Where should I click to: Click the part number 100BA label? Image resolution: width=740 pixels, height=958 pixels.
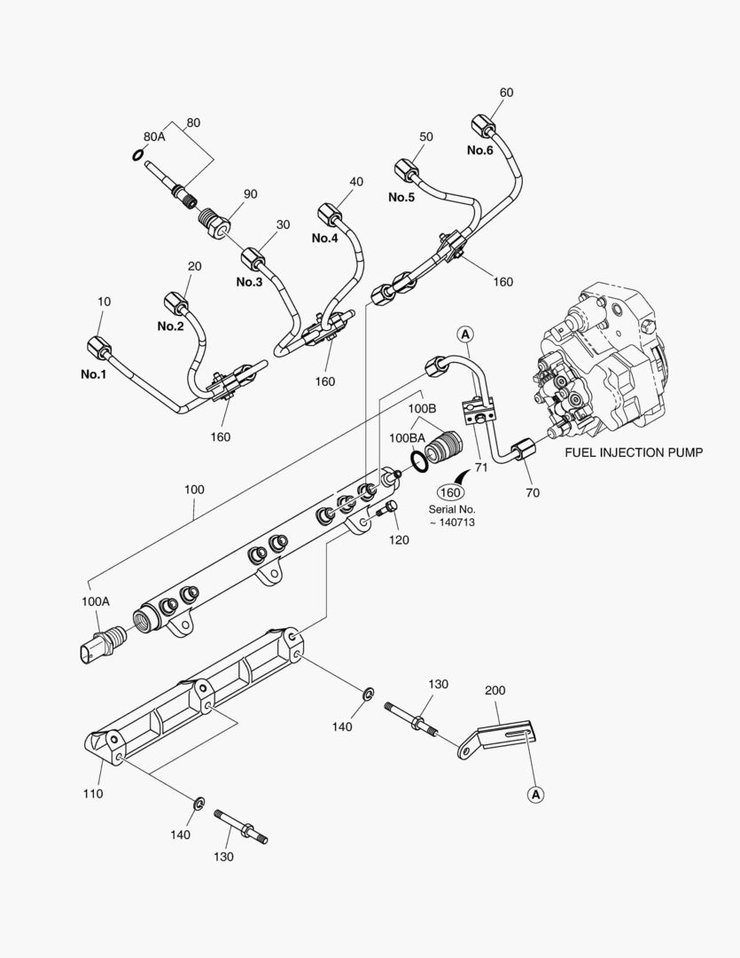click(x=406, y=438)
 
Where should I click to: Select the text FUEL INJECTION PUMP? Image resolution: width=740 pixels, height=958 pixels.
click(x=634, y=452)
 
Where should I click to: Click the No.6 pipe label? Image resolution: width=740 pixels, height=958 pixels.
click(x=480, y=150)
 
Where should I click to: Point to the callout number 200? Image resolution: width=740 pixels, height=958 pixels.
click(x=495, y=690)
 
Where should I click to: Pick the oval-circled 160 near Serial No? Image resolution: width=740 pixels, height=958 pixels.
click(x=450, y=493)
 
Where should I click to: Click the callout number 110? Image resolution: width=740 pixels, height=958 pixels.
click(x=92, y=793)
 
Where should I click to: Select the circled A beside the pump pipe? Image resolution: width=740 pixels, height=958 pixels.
click(x=465, y=334)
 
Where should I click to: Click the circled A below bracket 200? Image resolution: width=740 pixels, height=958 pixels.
click(x=535, y=795)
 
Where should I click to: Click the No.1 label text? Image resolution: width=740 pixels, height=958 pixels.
click(x=93, y=374)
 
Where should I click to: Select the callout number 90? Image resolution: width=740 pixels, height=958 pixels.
click(x=251, y=194)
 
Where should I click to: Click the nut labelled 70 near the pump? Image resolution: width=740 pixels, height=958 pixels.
click(x=523, y=450)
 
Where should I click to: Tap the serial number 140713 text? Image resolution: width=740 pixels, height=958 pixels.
click(x=454, y=523)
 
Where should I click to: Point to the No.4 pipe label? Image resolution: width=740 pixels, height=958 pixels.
click(x=324, y=239)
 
